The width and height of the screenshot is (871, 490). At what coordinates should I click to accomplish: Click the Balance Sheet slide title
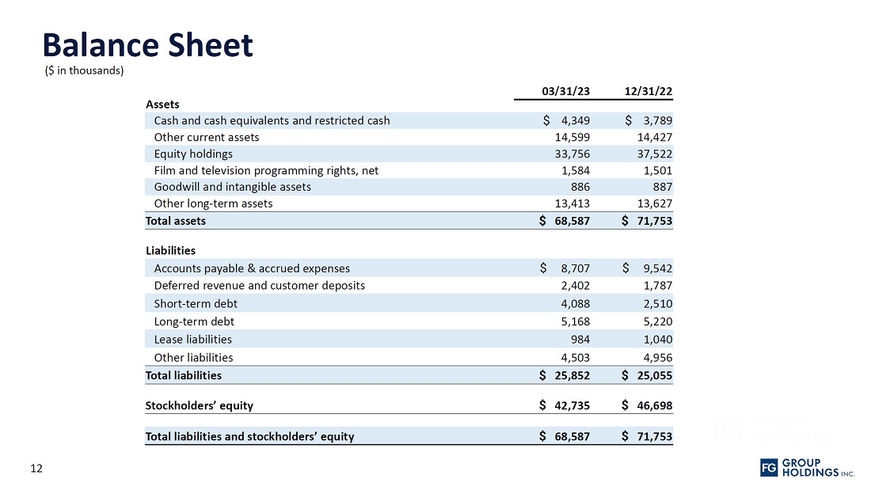[x=147, y=45]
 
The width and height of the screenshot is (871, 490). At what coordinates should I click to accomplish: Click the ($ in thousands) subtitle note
[x=83, y=70]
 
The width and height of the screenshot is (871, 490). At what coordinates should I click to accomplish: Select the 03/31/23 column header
[x=566, y=91]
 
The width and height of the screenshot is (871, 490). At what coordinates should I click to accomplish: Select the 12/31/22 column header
[x=648, y=91]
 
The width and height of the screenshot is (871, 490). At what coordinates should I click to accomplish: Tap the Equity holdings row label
[x=193, y=154]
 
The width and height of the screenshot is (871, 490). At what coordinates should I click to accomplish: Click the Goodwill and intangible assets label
[x=232, y=187]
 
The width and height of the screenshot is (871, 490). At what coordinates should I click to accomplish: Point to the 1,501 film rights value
[x=656, y=170]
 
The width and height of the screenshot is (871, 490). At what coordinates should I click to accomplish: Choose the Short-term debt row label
[x=196, y=303]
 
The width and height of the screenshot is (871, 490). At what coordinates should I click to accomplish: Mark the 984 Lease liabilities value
[x=580, y=339]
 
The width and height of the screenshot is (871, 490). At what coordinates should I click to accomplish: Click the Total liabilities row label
[x=184, y=375]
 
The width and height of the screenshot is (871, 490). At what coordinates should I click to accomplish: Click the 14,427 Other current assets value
[x=654, y=137]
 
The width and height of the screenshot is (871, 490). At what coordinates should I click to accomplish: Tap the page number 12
[x=36, y=469]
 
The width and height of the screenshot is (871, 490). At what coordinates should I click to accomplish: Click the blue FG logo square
[x=768, y=468]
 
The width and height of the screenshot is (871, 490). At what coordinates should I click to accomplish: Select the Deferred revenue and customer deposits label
[x=260, y=285]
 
